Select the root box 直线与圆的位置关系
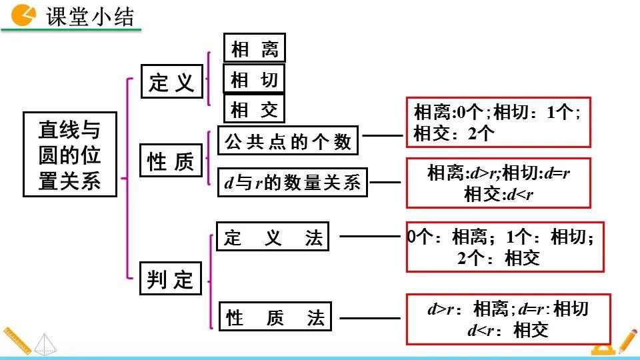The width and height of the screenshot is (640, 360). tap(70, 153)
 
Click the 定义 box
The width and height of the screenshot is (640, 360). tap(171, 82)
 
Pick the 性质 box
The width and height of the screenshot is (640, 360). tap(171, 161)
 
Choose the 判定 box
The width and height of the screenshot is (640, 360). tap(171, 279)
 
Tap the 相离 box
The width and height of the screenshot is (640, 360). tap(254, 49)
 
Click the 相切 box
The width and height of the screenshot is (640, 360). tap(254, 79)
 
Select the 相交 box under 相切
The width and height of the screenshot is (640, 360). tap(254, 109)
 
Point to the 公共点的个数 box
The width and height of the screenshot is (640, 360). tap(288, 141)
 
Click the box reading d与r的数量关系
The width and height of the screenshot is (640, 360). tap(293, 182)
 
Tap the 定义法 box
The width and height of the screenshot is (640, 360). tap(273, 237)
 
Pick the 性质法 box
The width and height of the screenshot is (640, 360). tap(275, 317)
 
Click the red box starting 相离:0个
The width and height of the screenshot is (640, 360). tap(498, 122)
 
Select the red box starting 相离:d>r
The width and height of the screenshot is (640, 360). tap(498, 183)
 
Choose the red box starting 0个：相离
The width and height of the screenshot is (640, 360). tap(505, 247)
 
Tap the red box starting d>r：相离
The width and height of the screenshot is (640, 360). tap(508, 319)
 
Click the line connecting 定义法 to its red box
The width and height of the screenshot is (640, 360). tap(369, 235)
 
